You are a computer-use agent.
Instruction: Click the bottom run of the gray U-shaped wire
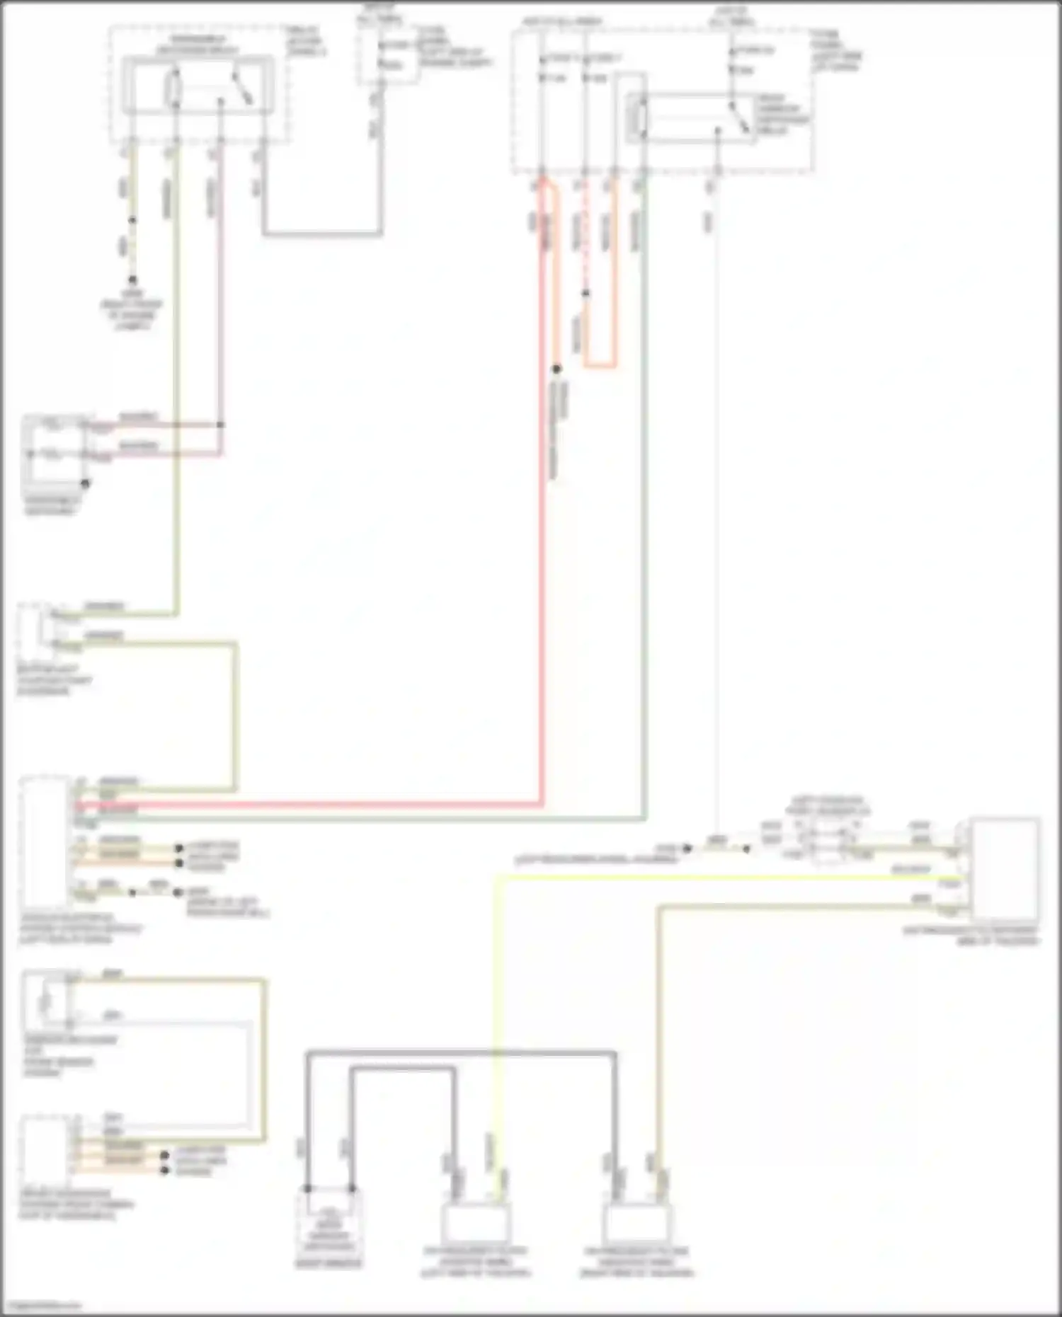point(322,233)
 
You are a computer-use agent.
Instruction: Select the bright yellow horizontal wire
point(708,878)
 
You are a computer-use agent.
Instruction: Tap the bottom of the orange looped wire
point(600,366)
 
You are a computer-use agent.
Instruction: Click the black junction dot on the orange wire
point(556,369)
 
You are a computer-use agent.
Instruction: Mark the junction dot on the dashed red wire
point(586,293)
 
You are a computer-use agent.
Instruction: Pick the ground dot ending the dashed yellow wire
point(132,280)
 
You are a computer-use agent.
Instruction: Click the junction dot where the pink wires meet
point(221,425)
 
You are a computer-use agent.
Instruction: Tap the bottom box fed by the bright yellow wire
point(476,1223)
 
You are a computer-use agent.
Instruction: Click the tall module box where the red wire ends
point(45,842)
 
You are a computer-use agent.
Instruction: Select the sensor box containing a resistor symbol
point(46,1000)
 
